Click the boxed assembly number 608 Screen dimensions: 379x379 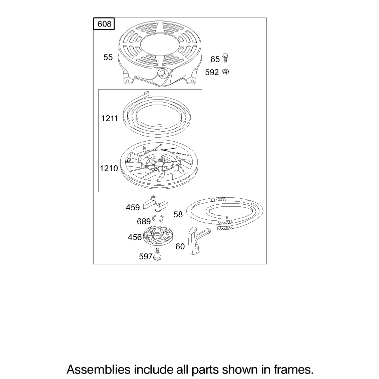(x=104, y=24)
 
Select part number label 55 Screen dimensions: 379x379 (x=108, y=57)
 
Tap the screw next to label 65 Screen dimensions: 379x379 (x=225, y=58)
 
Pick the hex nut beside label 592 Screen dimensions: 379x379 (x=225, y=72)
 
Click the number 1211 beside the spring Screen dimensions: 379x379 (x=110, y=119)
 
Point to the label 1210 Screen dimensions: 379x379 (x=109, y=168)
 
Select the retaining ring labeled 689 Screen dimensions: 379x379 (x=158, y=218)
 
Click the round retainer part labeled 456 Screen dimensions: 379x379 (x=158, y=236)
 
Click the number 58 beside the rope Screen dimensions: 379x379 (x=178, y=214)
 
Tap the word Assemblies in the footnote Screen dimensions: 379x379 (x=98, y=369)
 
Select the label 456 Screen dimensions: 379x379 (x=135, y=237)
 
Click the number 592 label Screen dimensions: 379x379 (x=212, y=72)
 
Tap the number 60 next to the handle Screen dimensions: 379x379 (x=180, y=246)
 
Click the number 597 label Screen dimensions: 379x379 (x=146, y=256)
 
